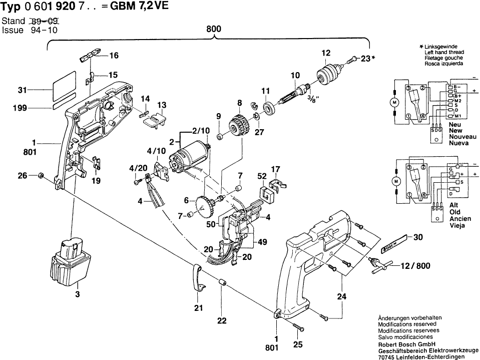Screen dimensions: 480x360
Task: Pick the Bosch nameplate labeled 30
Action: click(x=394, y=243)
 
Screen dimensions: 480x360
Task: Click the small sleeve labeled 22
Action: click(x=222, y=282)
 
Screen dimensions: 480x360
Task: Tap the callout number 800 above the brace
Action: click(x=214, y=30)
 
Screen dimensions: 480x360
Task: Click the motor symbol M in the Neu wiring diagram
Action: click(x=394, y=102)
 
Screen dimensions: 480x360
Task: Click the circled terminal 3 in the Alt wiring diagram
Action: click(x=408, y=167)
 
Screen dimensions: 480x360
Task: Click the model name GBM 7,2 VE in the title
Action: click(x=139, y=6)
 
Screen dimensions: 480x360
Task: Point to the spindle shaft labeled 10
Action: click(x=295, y=92)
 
